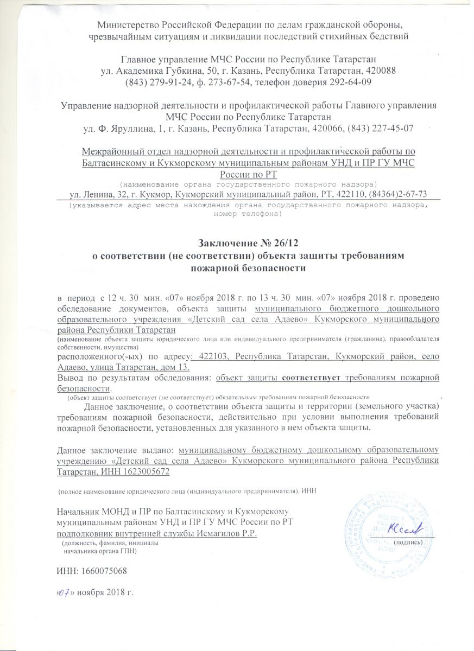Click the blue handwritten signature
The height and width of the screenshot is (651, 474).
(403, 528)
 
